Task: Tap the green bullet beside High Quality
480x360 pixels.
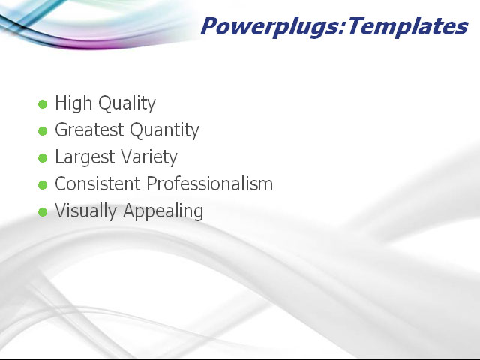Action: (x=43, y=104)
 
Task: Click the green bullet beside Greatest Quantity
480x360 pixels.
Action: (x=43, y=131)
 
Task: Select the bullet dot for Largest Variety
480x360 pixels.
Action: (x=43, y=158)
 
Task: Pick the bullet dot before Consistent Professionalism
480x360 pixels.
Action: (x=43, y=185)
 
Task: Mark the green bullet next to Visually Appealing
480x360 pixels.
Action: (x=43, y=212)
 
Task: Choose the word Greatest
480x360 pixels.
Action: (x=89, y=130)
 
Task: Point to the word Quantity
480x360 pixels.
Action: (x=164, y=130)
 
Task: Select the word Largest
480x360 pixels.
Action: (x=82, y=157)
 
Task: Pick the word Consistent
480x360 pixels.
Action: (x=97, y=184)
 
